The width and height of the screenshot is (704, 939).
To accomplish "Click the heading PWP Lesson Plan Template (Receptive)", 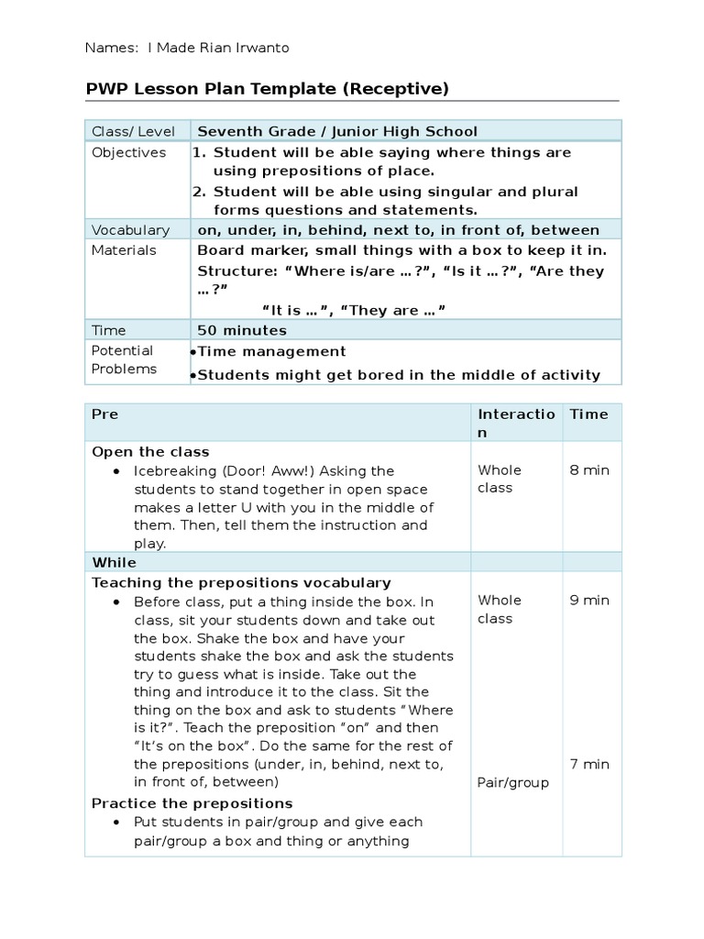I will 267,88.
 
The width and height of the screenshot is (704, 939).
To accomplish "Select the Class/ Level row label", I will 127,131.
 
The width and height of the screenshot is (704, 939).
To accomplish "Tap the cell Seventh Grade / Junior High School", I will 337,131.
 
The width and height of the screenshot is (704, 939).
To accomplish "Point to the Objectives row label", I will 129,152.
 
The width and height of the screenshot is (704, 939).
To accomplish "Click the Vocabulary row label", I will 130,230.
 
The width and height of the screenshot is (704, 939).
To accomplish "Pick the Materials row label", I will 124,250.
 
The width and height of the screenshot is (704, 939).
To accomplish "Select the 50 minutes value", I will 242,330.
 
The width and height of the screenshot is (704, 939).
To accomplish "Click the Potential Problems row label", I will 124,359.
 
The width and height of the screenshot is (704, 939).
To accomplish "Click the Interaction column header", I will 516,423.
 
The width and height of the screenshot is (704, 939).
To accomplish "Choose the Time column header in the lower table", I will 588,414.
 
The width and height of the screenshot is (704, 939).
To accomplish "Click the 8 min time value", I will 588,470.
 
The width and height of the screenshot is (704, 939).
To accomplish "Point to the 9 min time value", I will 588,601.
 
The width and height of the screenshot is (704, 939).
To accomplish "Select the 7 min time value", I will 588,764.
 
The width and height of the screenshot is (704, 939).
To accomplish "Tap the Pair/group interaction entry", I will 513,782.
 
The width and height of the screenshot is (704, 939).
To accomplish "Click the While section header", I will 114,562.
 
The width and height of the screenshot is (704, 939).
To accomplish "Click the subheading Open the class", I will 150,452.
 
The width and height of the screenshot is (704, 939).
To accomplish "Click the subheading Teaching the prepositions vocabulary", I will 241,582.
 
